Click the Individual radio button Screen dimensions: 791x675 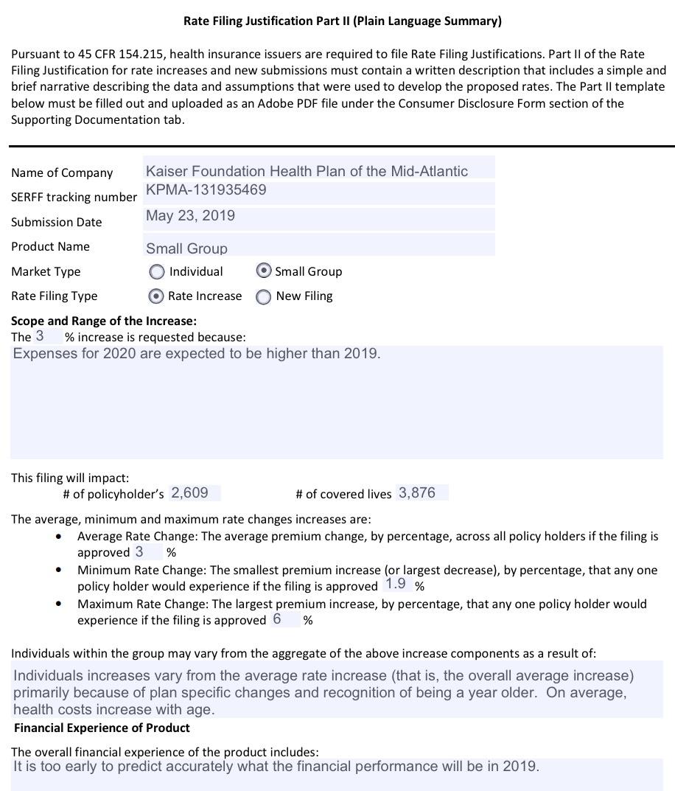point(156,272)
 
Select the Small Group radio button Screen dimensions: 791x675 point(263,271)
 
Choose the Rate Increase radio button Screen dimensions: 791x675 point(155,296)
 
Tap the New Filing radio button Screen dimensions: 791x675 point(263,297)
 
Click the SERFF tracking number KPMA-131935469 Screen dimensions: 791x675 point(206,190)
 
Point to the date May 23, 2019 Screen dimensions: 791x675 point(190,216)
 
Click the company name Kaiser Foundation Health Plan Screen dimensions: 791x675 point(307,171)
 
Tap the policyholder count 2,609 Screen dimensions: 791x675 point(189,493)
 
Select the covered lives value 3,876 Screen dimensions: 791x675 point(417,493)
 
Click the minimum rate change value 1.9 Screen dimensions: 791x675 point(396,585)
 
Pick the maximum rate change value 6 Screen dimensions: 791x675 point(277,619)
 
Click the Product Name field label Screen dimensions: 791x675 point(50,246)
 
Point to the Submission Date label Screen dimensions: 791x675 point(57,222)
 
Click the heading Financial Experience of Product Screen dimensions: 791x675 point(102,728)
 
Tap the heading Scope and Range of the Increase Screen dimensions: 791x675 point(104,321)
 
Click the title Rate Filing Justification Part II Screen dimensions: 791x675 point(342,21)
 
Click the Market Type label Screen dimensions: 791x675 point(46,271)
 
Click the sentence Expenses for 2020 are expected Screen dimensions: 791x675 point(197,354)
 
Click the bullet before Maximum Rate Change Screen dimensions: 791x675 point(59,604)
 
